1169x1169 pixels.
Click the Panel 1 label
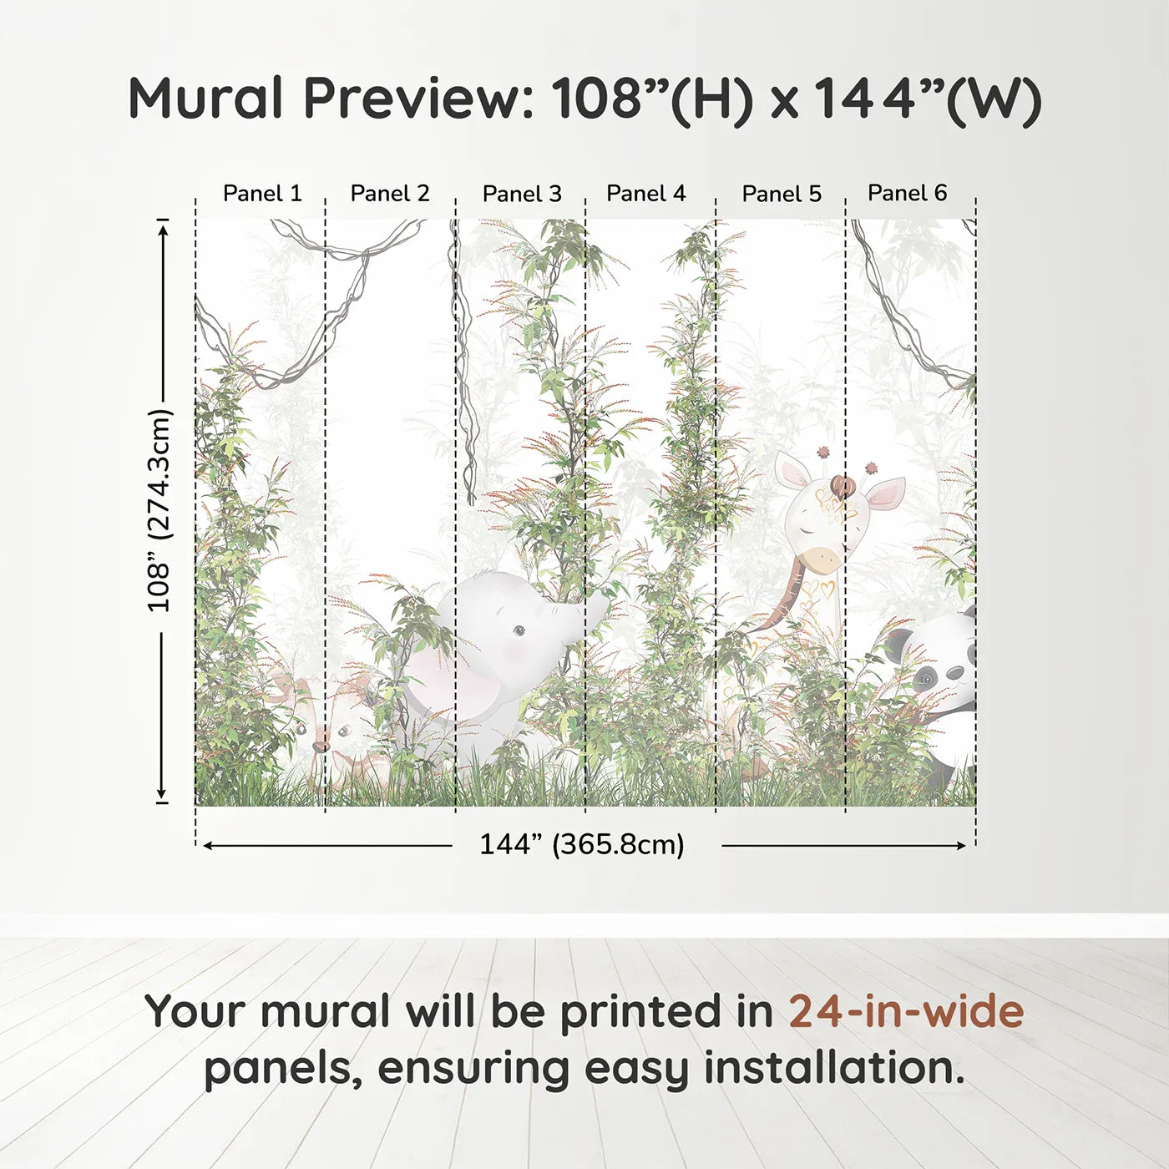click(x=261, y=194)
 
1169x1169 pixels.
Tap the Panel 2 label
click(x=389, y=194)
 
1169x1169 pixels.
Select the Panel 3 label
click(x=522, y=194)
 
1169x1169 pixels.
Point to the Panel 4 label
click(x=645, y=194)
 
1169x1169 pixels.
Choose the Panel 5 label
click(x=782, y=194)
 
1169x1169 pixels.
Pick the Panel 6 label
click(x=907, y=193)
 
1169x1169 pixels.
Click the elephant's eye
click(x=519, y=630)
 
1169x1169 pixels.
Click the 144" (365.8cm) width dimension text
click(x=581, y=845)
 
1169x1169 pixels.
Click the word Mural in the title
click(x=205, y=99)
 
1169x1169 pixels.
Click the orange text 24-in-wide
click(x=906, y=1012)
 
